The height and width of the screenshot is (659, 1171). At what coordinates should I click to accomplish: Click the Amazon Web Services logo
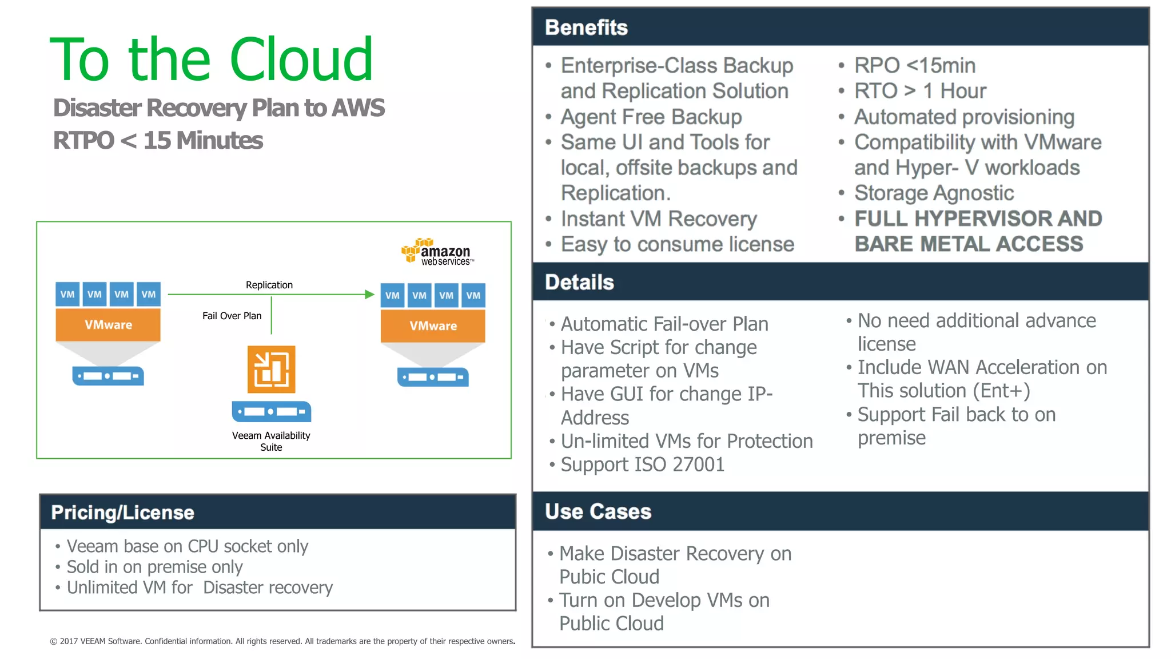coord(437,252)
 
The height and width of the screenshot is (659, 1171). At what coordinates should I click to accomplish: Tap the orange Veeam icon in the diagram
coord(271,369)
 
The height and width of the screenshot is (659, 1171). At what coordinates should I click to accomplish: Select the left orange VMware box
coord(108,325)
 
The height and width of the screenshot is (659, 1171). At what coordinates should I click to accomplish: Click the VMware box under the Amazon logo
coord(433,326)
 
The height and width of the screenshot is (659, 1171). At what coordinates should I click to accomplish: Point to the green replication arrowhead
coord(369,294)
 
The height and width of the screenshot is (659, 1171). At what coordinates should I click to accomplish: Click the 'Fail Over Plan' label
coord(232,316)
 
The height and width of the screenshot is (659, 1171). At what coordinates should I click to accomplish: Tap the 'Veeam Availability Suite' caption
coord(271,441)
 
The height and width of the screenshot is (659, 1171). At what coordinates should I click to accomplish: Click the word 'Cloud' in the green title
coord(301,59)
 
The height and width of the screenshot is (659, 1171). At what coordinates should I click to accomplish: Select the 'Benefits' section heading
coord(586,27)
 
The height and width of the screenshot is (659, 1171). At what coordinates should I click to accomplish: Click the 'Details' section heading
coord(579,282)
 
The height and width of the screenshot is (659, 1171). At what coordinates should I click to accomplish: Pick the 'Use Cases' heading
coord(598,511)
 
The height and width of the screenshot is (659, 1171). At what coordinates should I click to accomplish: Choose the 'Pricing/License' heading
coord(122,513)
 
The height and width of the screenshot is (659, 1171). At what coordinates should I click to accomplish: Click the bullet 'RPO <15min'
coord(914,66)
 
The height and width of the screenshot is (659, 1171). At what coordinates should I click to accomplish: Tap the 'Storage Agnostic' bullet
coord(934,193)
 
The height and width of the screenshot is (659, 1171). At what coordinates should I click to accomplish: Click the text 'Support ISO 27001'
coord(642,465)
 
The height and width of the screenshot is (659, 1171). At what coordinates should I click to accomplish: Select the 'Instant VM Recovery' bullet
coord(658,219)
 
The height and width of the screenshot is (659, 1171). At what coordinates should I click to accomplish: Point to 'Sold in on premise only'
coord(154,567)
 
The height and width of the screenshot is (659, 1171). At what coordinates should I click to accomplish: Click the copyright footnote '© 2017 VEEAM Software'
coord(94,641)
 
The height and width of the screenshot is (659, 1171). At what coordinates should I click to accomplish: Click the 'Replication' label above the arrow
coord(269,285)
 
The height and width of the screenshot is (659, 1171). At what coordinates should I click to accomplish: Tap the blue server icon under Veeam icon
coord(271,412)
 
